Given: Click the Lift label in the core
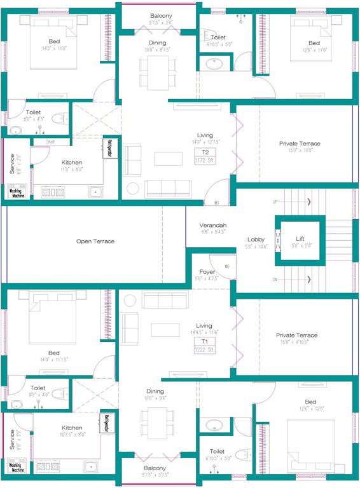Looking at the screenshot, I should click(x=300, y=239).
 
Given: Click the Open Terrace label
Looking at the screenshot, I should click(x=95, y=241).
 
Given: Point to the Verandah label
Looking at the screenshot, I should click(x=213, y=226).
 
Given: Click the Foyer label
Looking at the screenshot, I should click(x=207, y=272).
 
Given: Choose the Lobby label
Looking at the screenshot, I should click(x=256, y=240).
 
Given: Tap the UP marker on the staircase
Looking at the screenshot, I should click(x=275, y=202).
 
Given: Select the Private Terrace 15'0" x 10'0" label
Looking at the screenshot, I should click(x=300, y=144).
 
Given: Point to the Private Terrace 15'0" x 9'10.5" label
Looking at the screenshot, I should click(x=296, y=335).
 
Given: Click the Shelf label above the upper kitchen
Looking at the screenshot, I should click(x=50, y=142).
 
